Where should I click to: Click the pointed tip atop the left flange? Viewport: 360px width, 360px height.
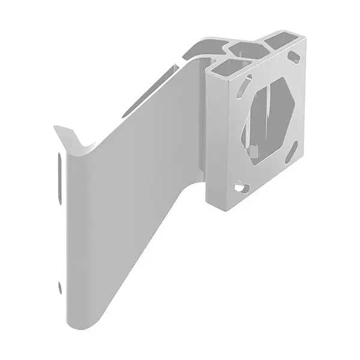tap(56, 127)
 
